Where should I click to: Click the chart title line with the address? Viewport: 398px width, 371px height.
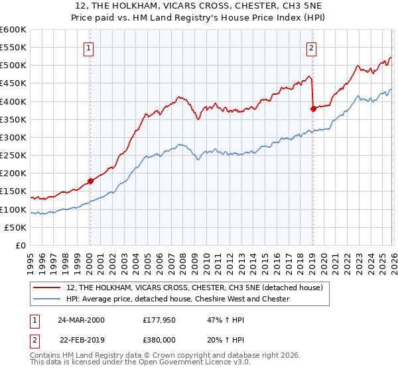point(198,7)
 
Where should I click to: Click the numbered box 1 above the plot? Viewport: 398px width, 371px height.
point(89,47)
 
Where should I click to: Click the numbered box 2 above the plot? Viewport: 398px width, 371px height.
point(311,47)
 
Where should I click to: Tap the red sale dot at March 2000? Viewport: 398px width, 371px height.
point(91,181)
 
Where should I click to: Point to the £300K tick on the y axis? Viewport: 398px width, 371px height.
point(14,138)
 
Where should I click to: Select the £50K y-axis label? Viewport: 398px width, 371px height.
point(16,228)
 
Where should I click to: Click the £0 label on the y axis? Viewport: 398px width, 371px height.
point(21,246)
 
